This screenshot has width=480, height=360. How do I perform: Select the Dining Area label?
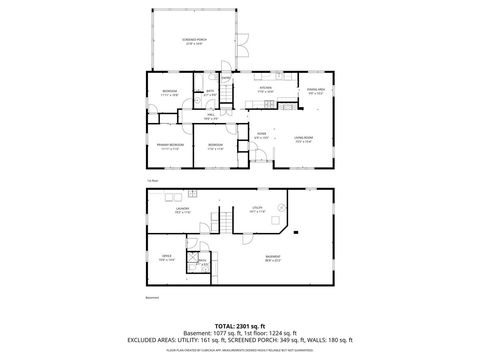(x=315, y=90)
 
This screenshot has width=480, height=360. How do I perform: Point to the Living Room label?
(x=304, y=139)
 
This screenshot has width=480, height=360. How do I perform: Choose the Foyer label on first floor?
(x=261, y=135)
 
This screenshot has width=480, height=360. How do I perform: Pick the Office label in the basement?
(x=165, y=258)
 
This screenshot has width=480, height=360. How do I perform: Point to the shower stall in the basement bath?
(x=189, y=257)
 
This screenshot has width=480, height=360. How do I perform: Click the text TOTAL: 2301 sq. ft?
(x=239, y=326)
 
